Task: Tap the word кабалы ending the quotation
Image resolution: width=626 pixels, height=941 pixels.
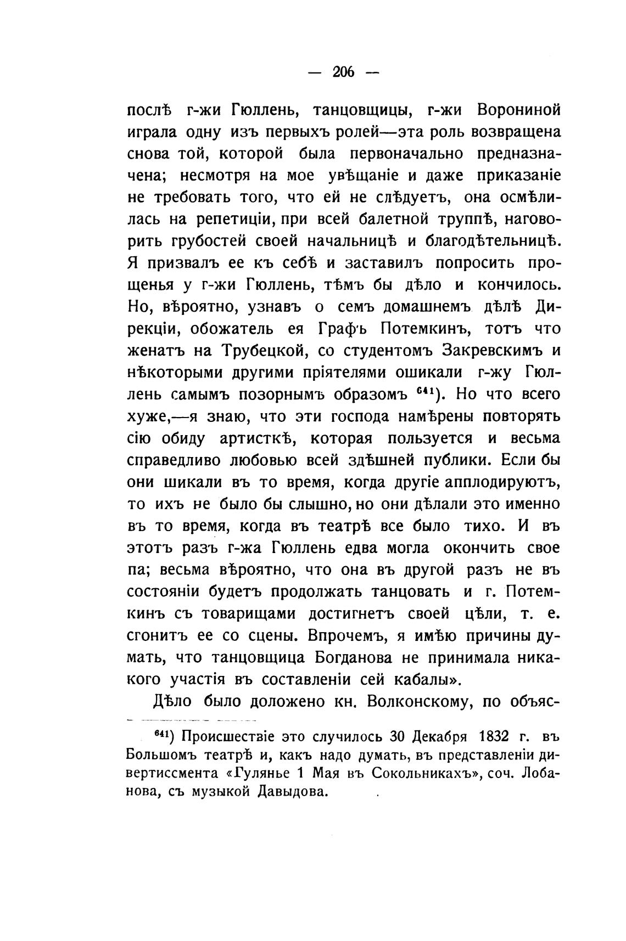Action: (422, 680)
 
